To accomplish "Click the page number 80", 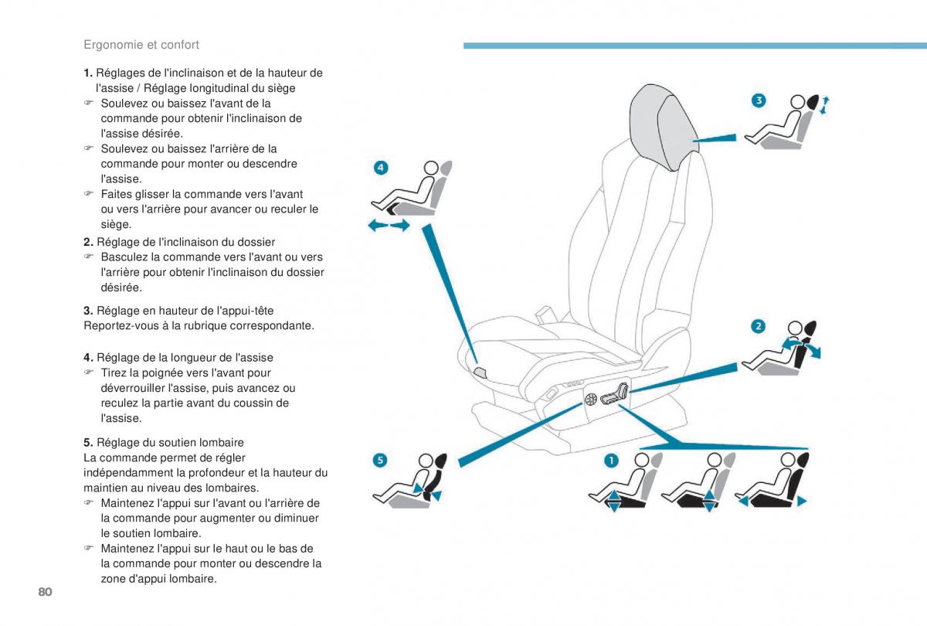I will (x=43, y=592).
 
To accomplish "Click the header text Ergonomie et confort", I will (x=141, y=45).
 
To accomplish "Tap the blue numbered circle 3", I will (x=759, y=100).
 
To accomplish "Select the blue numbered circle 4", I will (x=380, y=167).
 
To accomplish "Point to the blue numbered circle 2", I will (x=759, y=326).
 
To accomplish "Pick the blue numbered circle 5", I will (x=379, y=461).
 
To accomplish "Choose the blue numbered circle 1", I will (x=610, y=461).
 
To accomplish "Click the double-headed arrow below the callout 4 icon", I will (x=389, y=226).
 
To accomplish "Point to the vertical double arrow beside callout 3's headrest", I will (x=827, y=105).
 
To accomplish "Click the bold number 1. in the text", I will (x=88, y=73).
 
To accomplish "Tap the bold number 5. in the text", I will (x=88, y=443).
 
